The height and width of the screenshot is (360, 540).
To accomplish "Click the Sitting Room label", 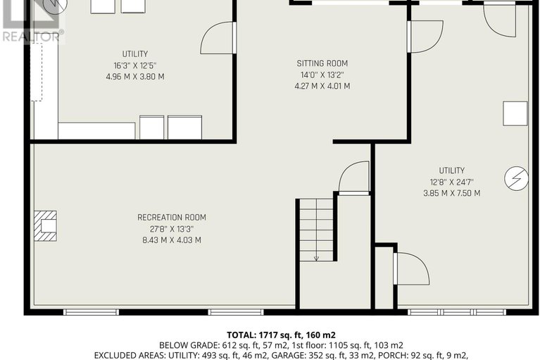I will click(x=322, y=63).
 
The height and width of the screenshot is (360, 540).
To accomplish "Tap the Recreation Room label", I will click(x=171, y=218).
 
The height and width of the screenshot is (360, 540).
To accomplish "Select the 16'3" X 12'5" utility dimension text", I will click(x=134, y=66).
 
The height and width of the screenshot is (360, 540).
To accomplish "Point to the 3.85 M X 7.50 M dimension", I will click(x=451, y=193).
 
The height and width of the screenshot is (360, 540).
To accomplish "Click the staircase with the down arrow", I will click(x=315, y=230).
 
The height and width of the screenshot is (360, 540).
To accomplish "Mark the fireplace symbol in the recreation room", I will click(x=46, y=225).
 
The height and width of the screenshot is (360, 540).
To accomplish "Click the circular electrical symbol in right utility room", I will click(x=515, y=178).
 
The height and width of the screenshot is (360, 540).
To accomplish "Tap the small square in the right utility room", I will click(x=515, y=113).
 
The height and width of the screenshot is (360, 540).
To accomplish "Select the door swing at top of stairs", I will click(x=354, y=178).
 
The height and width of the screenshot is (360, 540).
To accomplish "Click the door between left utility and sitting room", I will click(x=218, y=38).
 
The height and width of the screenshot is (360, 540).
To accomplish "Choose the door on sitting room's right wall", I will click(x=425, y=35).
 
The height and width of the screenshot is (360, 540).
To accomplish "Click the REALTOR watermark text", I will click(x=31, y=35).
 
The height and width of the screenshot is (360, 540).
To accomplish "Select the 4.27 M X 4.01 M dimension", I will click(x=322, y=86).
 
